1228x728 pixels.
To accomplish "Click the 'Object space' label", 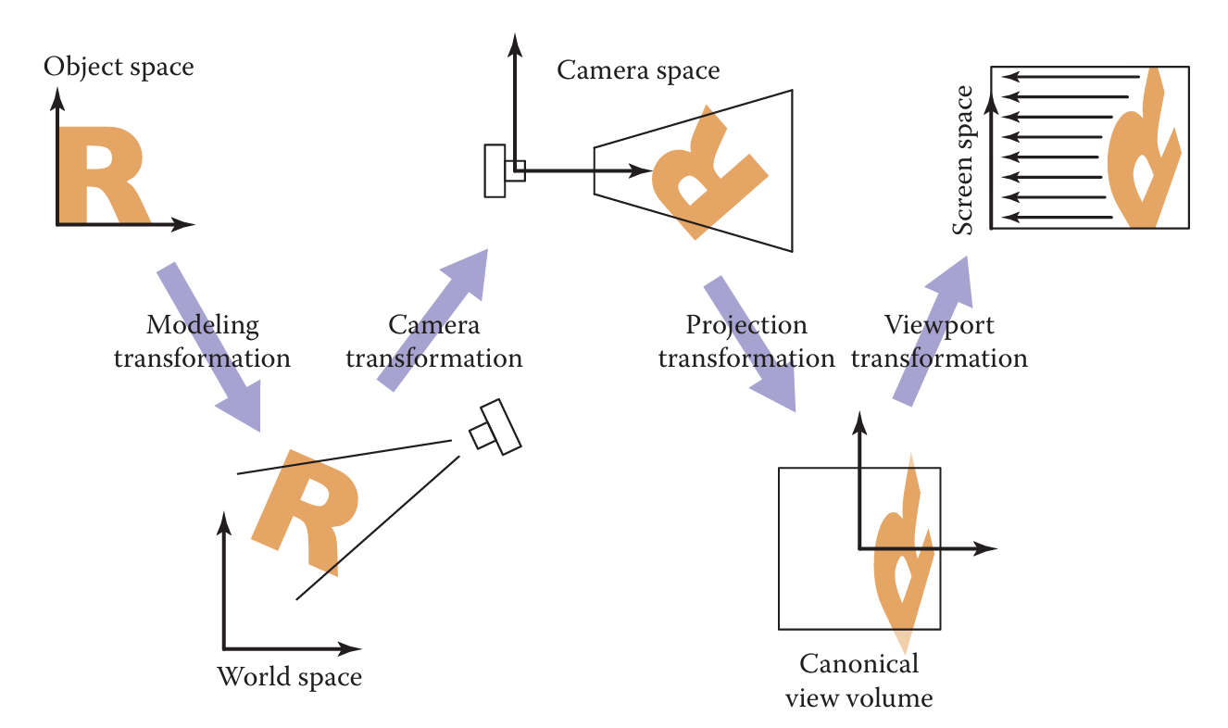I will coord(119,67).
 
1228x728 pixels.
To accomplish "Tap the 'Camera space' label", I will coord(638,70).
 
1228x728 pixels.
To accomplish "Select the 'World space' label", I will coord(289,677).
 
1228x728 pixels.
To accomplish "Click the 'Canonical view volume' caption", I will coord(858,680).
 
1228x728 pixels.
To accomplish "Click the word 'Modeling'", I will coord(203,325).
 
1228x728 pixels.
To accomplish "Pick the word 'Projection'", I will coord(746,325).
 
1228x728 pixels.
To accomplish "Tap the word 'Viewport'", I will coord(939,325).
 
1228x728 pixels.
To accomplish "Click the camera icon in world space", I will coord(495,427).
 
